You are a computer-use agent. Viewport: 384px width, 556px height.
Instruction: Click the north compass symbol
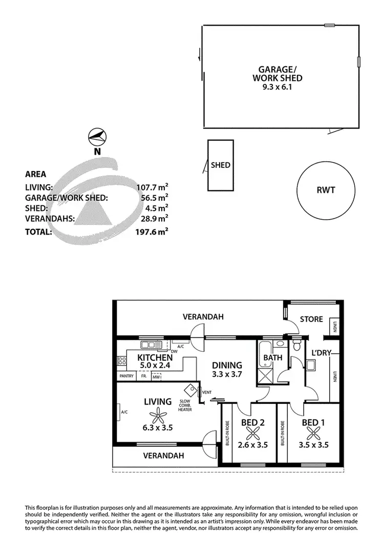pyautogui.click(x=97, y=136)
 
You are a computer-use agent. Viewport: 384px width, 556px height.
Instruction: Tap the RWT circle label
pyautogui.click(x=326, y=190)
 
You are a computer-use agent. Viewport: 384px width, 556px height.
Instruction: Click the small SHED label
pyautogui.click(x=221, y=165)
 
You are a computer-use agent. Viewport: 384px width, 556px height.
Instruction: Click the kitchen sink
pyautogui.click(x=152, y=345)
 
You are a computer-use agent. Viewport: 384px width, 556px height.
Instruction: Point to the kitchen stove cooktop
pyautogui.click(x=122, y=361)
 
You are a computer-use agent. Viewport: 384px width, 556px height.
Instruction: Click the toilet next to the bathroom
pyautogui.click(x=296, y=346)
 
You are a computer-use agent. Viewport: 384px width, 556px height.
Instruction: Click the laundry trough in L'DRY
pyautogui.click(x=311, y=365)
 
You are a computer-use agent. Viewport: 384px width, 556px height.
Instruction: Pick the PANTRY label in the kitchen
pyautogui.click(x=126, y=376)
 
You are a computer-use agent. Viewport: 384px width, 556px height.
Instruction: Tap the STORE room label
pyautogui.click(x=311, y=319)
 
